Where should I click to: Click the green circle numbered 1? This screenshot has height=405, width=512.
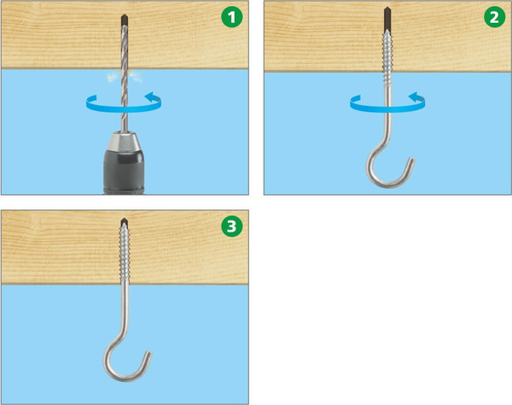point(232,17)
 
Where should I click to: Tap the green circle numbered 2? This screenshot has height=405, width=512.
point(495,17)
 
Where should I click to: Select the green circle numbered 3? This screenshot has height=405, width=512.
point(232,226)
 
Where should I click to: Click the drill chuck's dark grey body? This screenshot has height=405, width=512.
point(124,171)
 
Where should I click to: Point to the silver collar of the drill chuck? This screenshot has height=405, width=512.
point(124,141)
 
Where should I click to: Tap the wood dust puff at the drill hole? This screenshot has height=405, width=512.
point(124,76)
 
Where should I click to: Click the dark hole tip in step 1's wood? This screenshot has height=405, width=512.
point(124,19)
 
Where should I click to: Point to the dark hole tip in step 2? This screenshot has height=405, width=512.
point(387,18)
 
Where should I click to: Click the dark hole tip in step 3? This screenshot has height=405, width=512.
point(124,222)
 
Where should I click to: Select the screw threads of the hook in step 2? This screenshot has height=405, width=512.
point(387,56)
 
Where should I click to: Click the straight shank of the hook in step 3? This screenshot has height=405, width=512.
point(125,310)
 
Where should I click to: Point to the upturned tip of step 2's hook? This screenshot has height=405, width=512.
point(411,162)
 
